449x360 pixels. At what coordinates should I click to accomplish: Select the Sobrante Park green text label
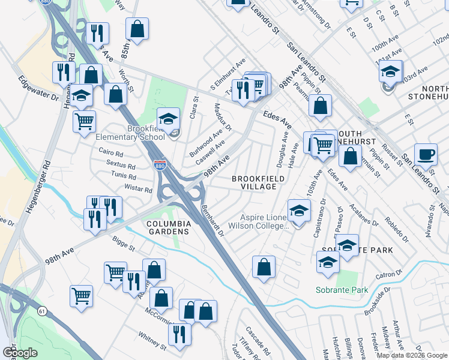coord(342,290)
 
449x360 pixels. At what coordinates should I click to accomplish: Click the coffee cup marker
coord(426,154)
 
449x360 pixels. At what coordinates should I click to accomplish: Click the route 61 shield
coord(41,311)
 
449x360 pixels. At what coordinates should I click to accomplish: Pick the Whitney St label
coord(152,341)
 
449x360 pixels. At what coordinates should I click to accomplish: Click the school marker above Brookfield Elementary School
coord(169,118)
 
